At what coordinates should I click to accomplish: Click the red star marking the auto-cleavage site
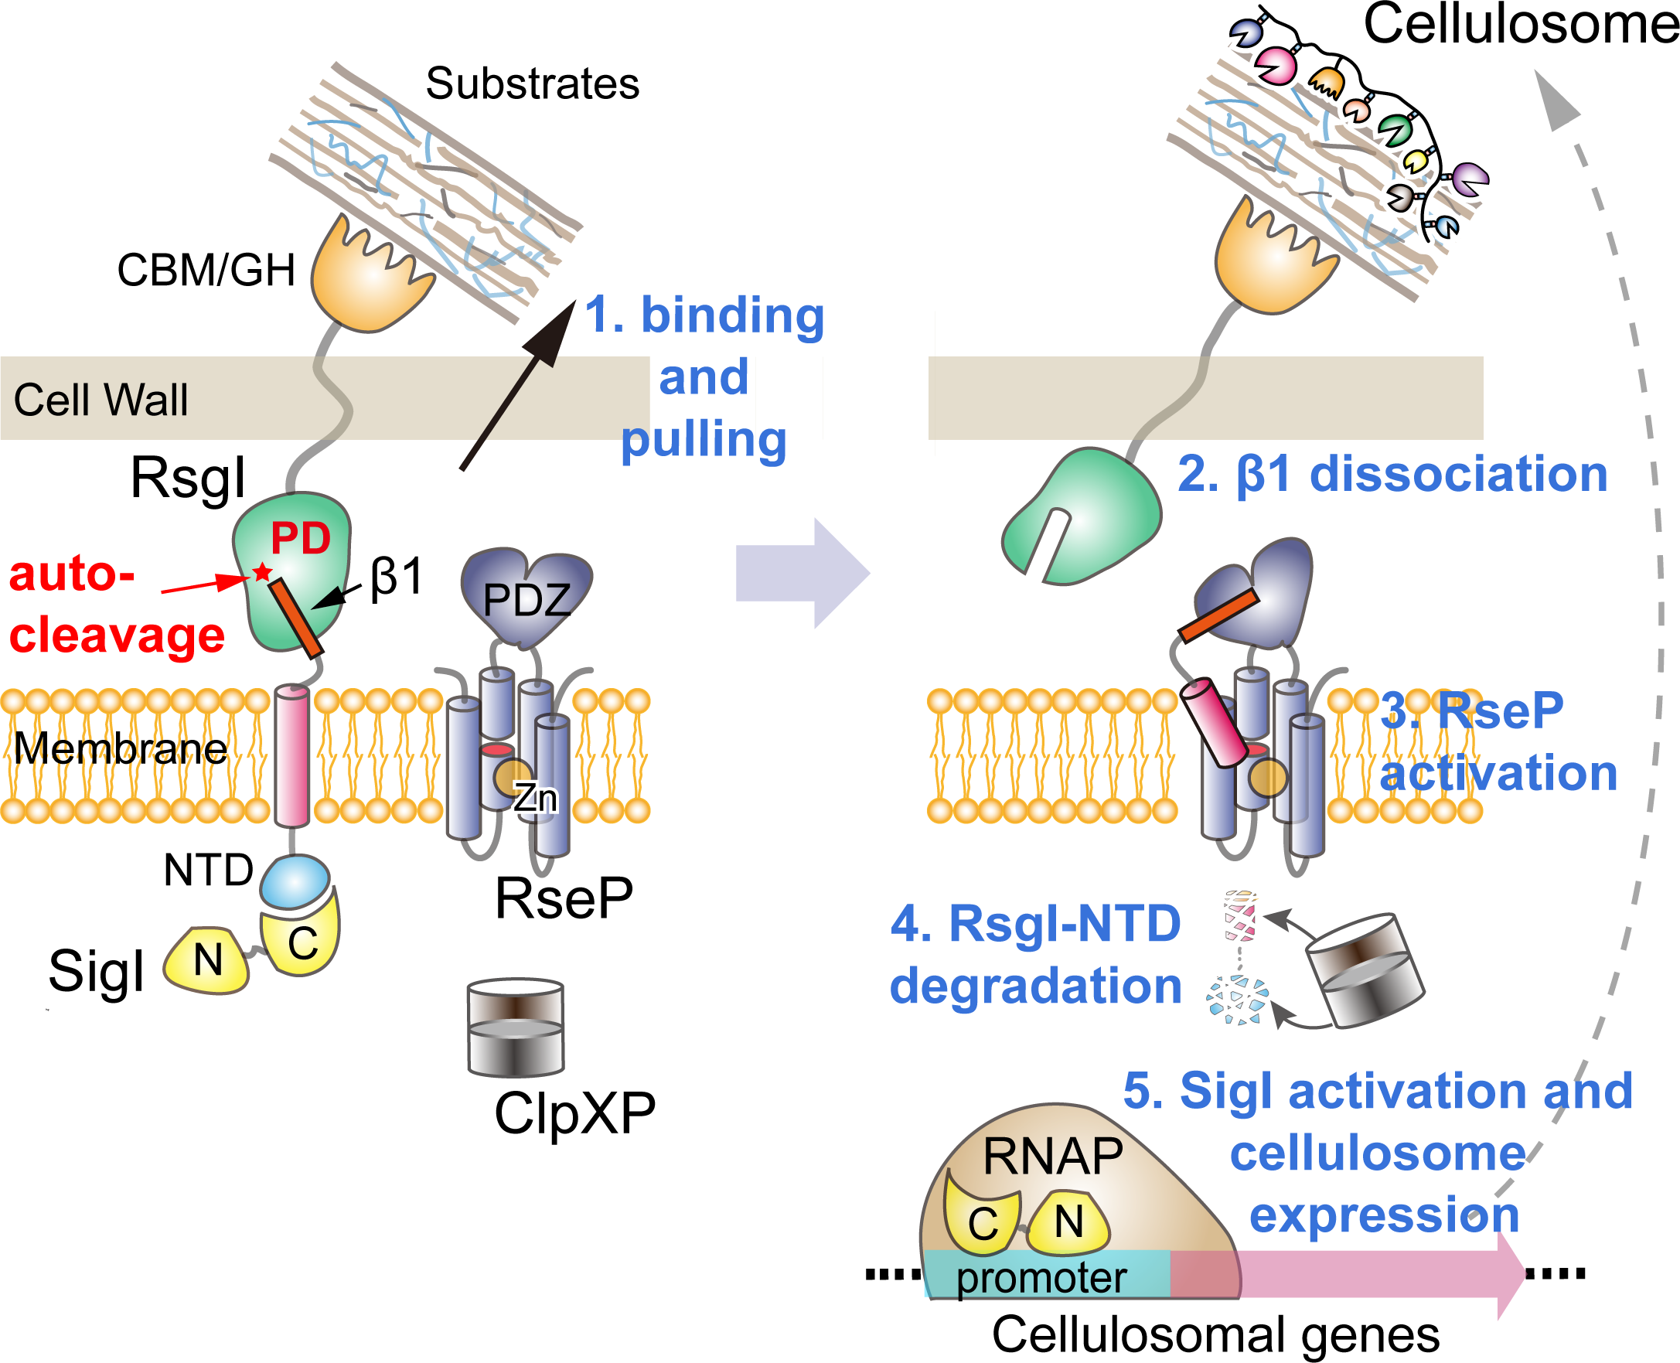pyautogui.click(x=262, y=572)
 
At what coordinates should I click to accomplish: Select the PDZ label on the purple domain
pyautogui.click(x=526, y=601)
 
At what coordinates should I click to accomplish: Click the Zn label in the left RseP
pyautogui.click(x=536, y=799)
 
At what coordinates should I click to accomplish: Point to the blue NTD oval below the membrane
pyautogui.click(x=295, y=881)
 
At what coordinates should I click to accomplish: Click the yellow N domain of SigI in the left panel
pyautogui.click(x=207, y=961)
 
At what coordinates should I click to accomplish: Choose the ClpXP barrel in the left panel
pyautogui.click(x=516, y=1027)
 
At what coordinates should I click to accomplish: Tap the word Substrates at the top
pyautogui.click(x=532, y=83)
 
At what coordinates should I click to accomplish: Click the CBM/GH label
pyautogui.click(x=206, y=270)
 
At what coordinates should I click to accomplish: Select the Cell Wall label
pyautogui.click(x=101, y=400)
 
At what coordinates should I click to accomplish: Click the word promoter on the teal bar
pyautogui.click(x=1041, y=1277)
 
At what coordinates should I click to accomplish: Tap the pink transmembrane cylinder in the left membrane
pyautogui.click(x=292, y=755)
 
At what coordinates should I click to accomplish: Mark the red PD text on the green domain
pyautogui.click(x=301, y=539)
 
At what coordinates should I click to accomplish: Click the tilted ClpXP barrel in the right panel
pyautogui.click(x=1365, y=970)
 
